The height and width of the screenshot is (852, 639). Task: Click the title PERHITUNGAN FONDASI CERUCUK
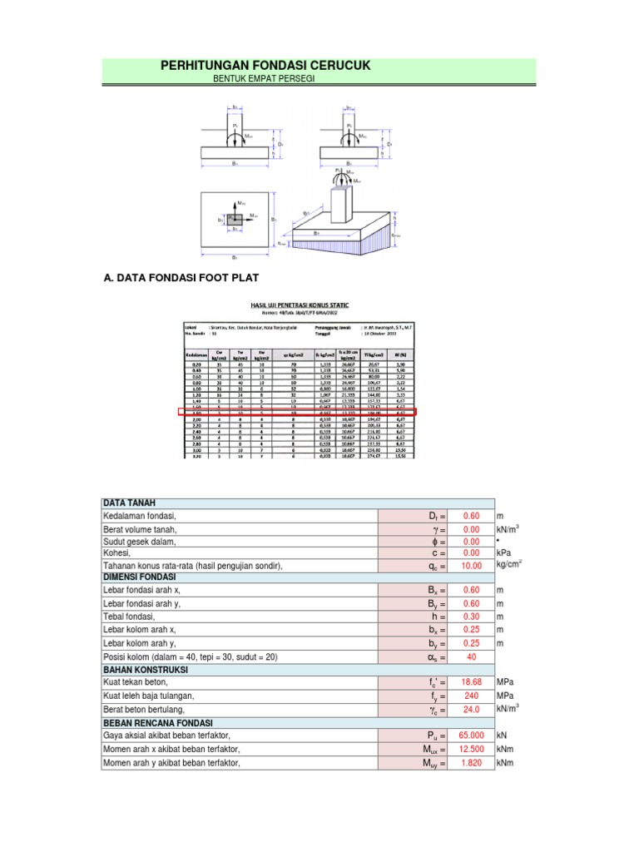(x=265, y=65)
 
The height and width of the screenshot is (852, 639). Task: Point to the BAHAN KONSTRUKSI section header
(x=146, y=670)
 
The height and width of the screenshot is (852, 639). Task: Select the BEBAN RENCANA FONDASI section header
(x=157, y=723)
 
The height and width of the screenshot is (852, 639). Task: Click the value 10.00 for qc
(x=471, y=566)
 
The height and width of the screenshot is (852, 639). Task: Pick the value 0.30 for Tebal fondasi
(x=471, y=616)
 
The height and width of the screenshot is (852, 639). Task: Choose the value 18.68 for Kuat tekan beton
(x=471, y=682)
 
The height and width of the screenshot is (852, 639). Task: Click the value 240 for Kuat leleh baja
(x=471, y=696)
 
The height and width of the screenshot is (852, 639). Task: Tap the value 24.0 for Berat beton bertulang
(x=471, y=709)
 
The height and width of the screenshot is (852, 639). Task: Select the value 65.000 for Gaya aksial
(x=471, y=736)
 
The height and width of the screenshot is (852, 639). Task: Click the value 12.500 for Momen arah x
(x=471, y=749)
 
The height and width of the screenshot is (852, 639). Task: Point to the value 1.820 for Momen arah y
(x=471, y=762)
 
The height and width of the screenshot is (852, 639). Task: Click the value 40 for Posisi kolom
(x=471, y=657)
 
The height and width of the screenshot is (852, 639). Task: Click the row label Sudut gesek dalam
(x=141, y=541)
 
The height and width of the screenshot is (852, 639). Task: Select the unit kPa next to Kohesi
(x=504, y=552)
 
